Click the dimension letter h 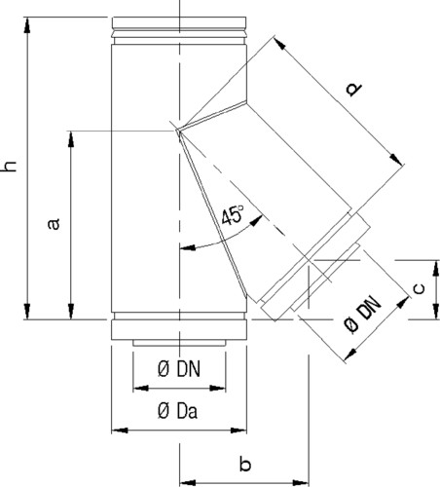pyautogui.click(x=10, y=167)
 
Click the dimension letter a pyautogui.click(x=54, y=224)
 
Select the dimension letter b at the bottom pyautogui.click(x=245, y=464)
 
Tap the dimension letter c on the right pyautogui.click(x=420, y=288)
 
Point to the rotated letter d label pyautogui.click(x=353, y=89)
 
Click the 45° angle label pyautogui.click(x=233, y=215)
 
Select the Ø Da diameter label pyautogui.click(x=177, y=411)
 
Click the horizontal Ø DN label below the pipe pyautogui.click(x=179, y=369)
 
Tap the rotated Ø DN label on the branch pyautogui.click(x=363, y=315)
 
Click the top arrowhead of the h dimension pyautogui.click(x=27, y=25)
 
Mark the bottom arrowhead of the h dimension pyautogui.click(x=27, y=312)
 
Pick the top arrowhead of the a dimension pyautogui.click(x=71, y=139)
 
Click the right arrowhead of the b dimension pyautogui.click(x=301, y=482)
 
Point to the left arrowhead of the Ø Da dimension pyautogui.click(x=120, y=431)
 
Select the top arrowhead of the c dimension pyautogui.click(x=436, y=268)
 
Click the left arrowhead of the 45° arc pyautogui.click(x=188, y=248)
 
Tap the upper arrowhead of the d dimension pyautogui.click(x=280, y=44)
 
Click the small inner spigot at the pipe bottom pyautogui.click(x=179, y=343)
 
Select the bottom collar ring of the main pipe pyautogui.click(x=179, y=330)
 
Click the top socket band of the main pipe pyautogui.click(x=179, y=22)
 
